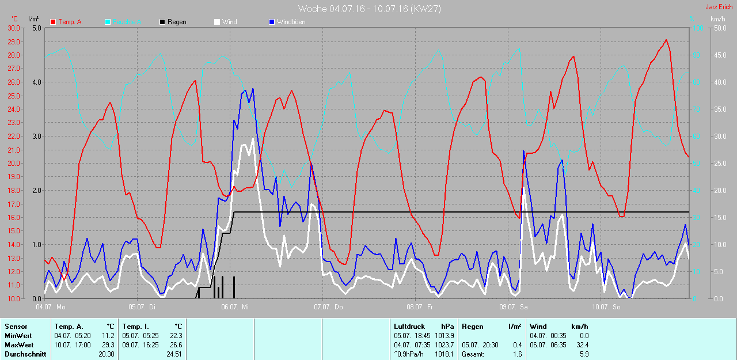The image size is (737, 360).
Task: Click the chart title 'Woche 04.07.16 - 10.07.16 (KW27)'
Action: pyautogui.click(x=369, y=9)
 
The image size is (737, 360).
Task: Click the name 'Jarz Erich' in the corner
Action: pyautogui.click(x=720, y=7)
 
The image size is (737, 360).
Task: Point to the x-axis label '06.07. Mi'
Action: pyautogui.click(x=235, y=307)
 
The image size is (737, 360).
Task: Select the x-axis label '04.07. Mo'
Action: pyautogui.click(x=51, y=307)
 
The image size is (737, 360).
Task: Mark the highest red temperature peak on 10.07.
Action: pyautogui.click(x=666, y=40)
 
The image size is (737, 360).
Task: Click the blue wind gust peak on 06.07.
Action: pyautogui.click(x=252, y=89)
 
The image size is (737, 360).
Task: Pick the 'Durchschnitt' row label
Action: pyautogui.click(x=25, y=354)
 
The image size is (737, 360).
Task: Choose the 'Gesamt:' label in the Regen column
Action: pyautogui.click(x=473, y=354)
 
